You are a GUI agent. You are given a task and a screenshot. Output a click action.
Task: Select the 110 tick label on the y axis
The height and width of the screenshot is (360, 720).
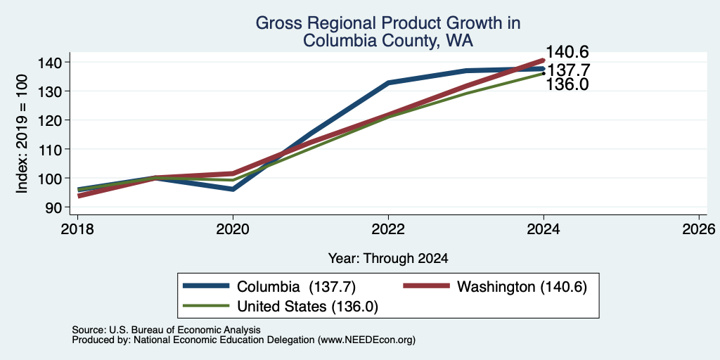pos(52,149)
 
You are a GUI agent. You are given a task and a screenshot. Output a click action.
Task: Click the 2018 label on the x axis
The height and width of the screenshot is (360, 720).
pos(77,229)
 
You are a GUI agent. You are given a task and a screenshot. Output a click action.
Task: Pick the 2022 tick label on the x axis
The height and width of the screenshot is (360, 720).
pos(388,229)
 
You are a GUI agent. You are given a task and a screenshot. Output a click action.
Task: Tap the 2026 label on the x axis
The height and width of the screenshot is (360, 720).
pos(700,229)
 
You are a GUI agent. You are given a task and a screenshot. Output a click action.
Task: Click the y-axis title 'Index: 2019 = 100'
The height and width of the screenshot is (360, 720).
pos(22,134)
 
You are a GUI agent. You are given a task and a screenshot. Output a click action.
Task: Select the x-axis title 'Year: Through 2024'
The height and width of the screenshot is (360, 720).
pos(388,259)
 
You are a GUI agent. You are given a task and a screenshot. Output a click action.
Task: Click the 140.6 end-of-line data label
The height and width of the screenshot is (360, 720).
pos(567,52)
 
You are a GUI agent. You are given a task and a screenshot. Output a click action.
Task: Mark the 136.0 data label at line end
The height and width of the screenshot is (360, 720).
pos(567,84)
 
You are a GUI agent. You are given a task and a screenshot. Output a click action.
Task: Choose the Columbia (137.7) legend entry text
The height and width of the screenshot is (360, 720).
pos(296,287)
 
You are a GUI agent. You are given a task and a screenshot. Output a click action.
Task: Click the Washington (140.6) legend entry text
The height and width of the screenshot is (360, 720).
pos(522,287)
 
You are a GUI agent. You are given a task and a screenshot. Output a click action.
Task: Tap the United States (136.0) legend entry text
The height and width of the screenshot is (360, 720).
pos(308,307)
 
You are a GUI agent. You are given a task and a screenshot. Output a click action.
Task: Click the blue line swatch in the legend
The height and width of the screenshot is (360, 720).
pos(206,286)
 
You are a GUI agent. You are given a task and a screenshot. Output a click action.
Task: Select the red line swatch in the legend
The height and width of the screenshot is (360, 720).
pos(426,286)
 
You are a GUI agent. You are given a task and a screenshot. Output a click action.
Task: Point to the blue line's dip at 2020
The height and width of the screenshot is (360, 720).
pos(233,189)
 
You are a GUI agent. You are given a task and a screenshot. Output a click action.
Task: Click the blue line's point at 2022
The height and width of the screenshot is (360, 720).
pos(388,83)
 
